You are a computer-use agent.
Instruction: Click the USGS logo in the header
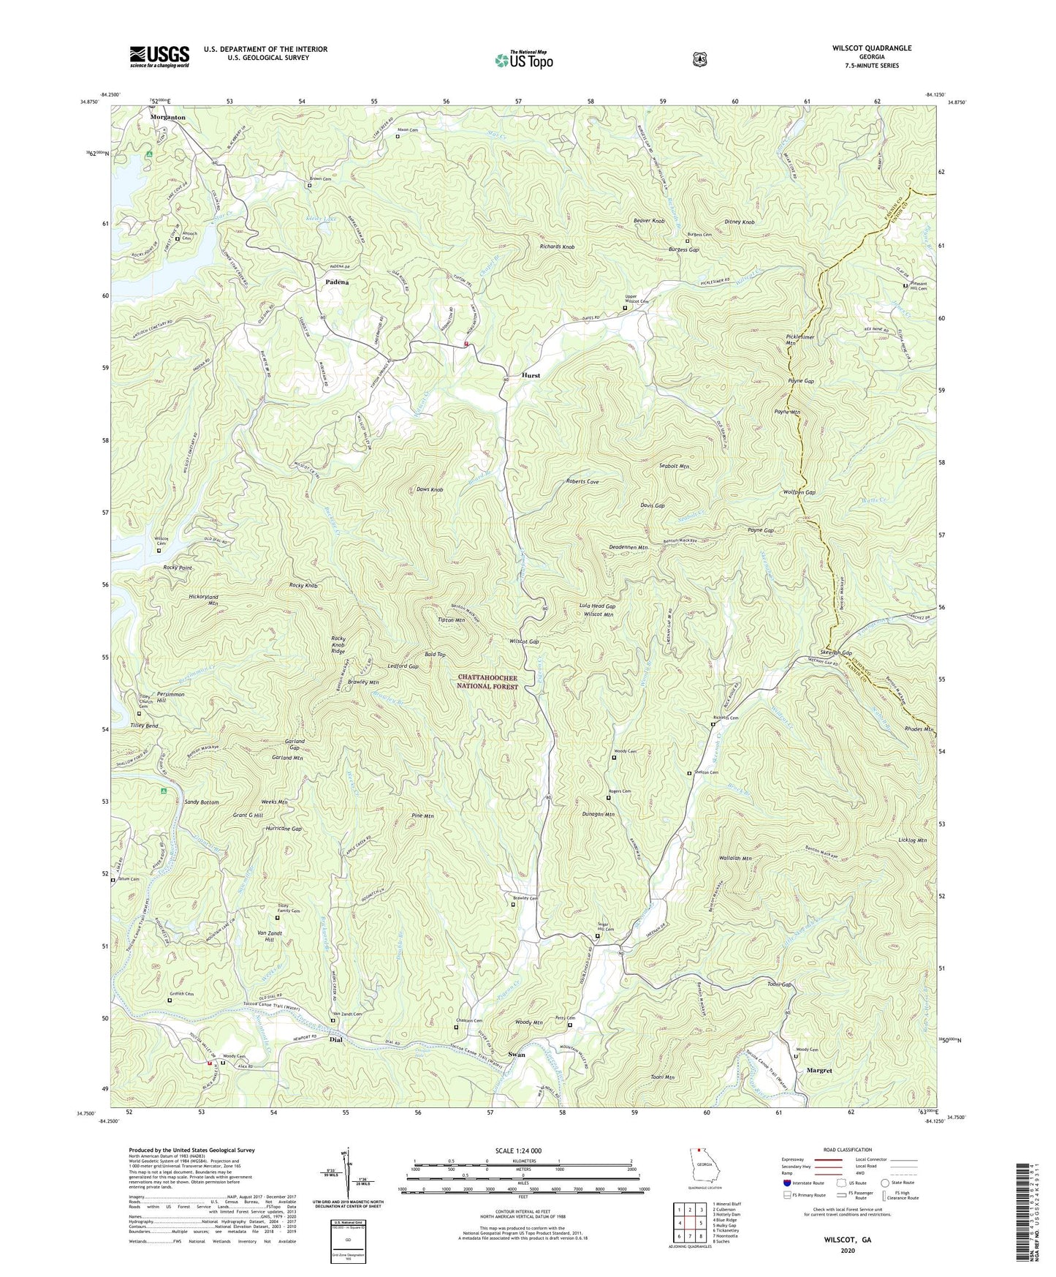159,56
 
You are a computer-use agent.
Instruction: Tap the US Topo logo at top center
523,59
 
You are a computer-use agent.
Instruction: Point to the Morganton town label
168,117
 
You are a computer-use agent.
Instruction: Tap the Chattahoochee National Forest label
488,682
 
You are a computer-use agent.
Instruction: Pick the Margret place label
819,1070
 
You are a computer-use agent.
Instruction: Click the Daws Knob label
430,489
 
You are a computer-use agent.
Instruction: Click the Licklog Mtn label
912,840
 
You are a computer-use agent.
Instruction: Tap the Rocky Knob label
304,586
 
